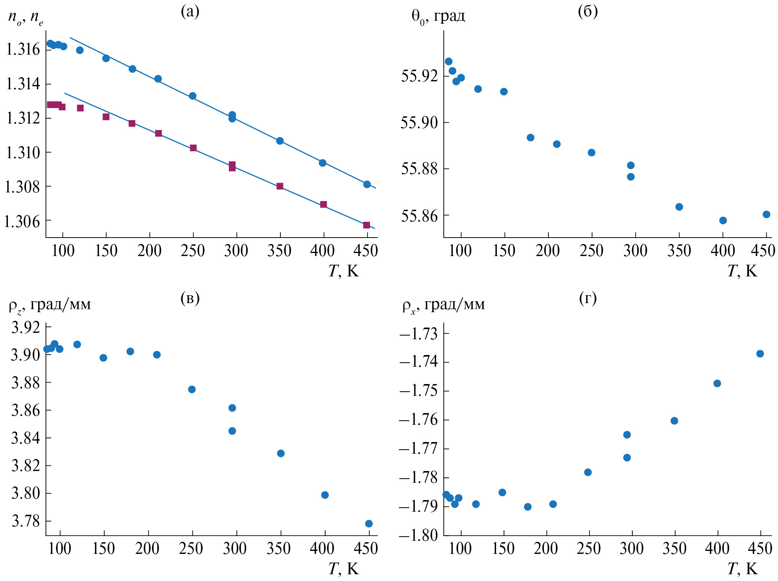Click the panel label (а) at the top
190,12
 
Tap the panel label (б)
588,12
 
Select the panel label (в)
190,298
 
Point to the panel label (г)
588,298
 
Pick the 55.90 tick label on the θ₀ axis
419,123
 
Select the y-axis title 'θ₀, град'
438,17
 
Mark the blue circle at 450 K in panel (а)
367,184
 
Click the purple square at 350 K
280,186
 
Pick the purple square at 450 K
367,225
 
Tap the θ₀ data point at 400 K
723,220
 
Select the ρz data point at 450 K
369,523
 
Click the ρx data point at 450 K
760,354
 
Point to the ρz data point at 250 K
192,389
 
